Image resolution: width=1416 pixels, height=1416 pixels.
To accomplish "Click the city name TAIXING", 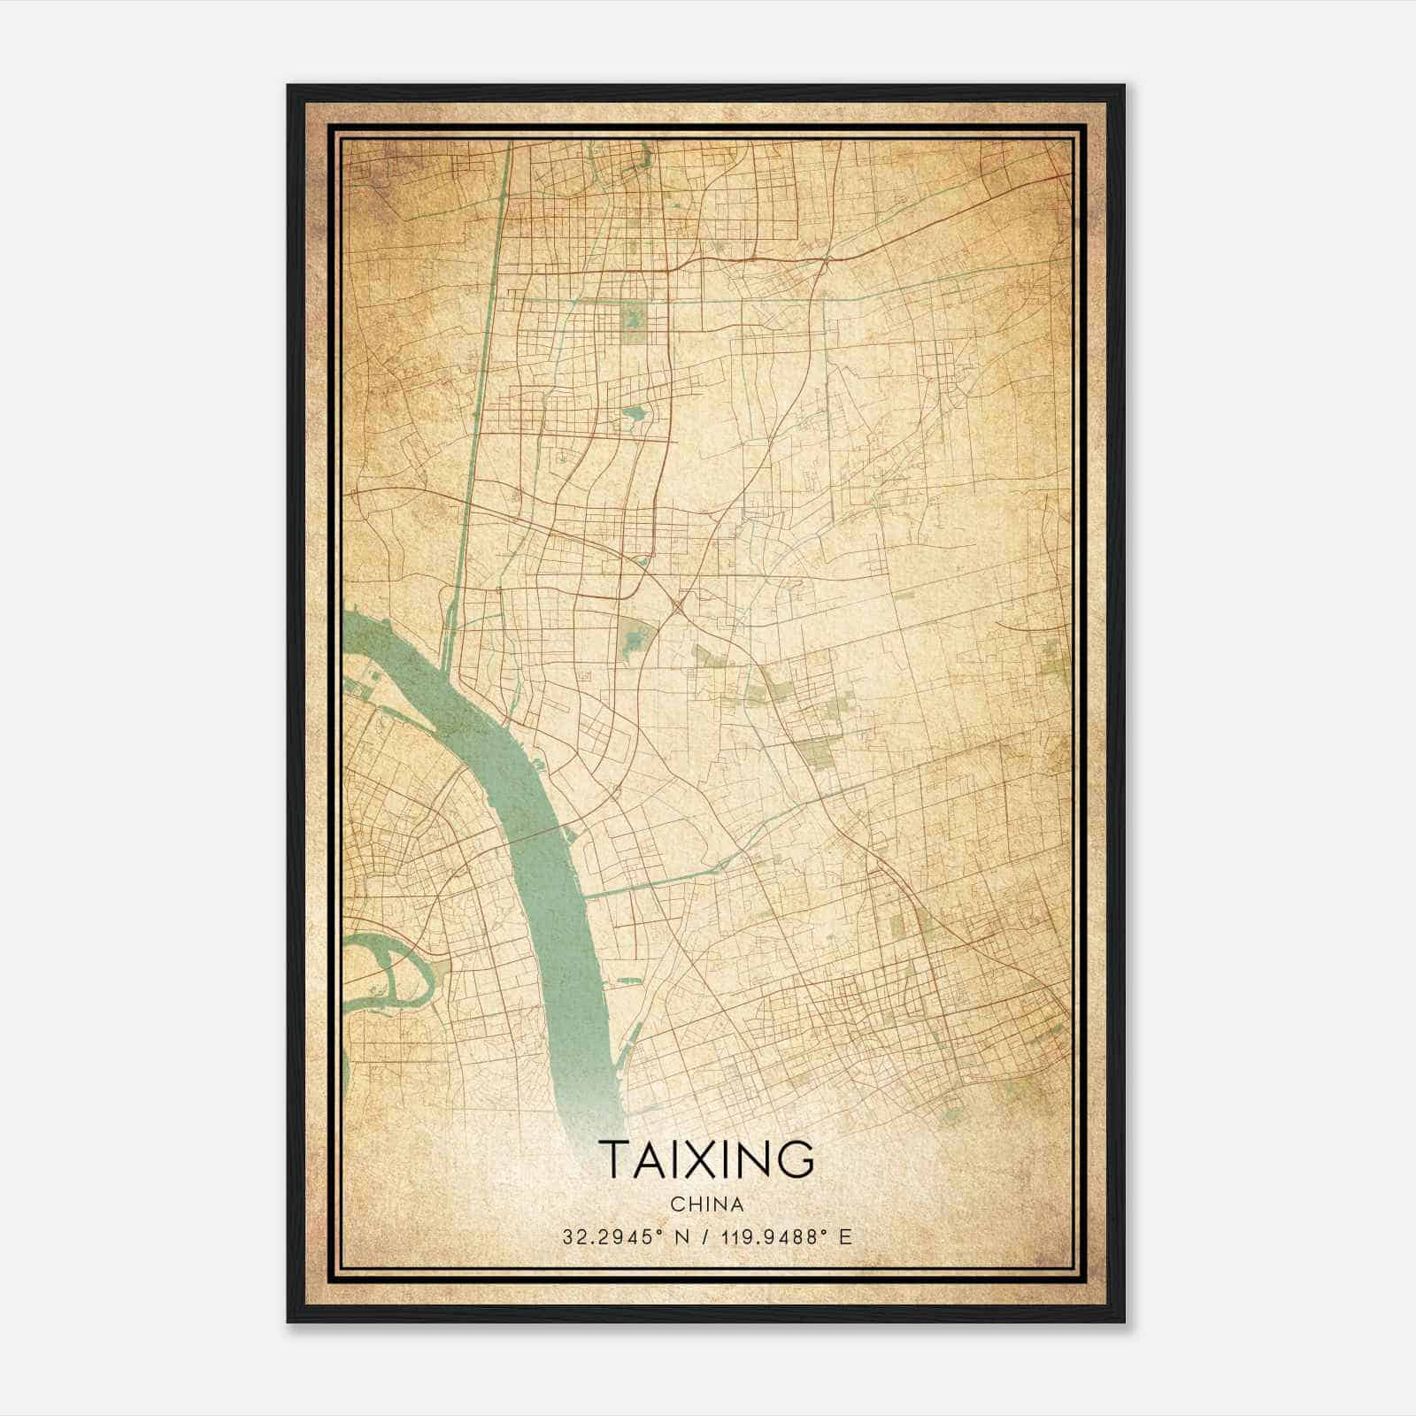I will (x=706, y=1159).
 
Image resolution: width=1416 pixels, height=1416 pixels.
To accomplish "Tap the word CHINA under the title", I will (x=706, y=1204).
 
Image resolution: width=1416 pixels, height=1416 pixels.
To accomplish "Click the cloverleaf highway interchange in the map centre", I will (x=678, y=605).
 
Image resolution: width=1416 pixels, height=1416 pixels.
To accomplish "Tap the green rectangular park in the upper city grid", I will (x=633, y=322).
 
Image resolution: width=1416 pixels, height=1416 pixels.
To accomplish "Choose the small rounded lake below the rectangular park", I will (x=635, y=413).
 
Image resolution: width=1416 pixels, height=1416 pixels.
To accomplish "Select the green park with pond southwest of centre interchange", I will (x=634, y=637).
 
